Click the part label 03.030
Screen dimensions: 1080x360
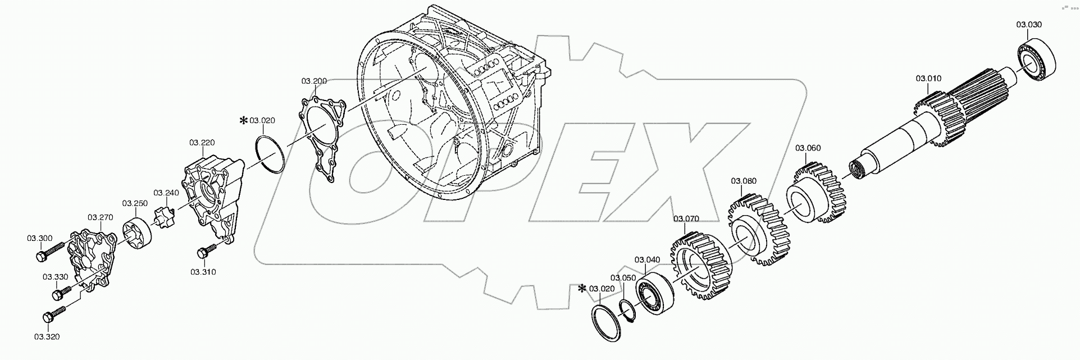[1029, 25]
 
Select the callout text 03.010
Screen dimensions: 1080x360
[929, 79]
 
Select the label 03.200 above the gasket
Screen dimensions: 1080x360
[314, 81]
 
